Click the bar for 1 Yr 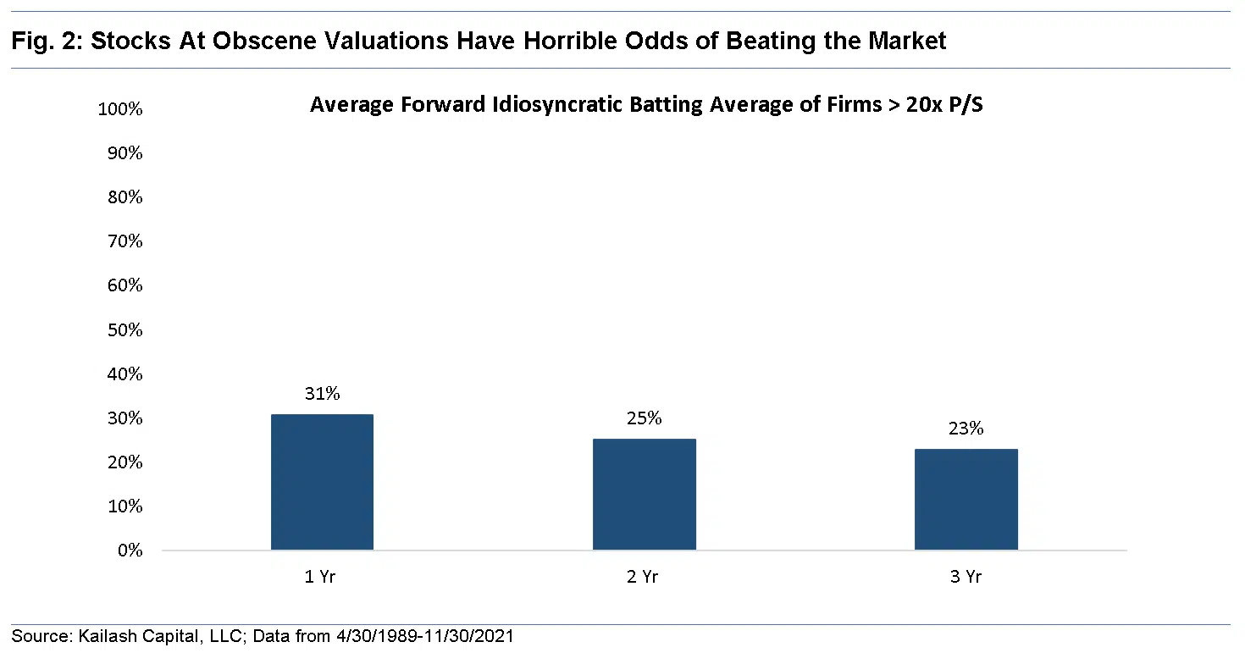(322, 482)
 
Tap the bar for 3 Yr (966, 499)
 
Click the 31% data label (322, 394)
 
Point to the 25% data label (644, 418)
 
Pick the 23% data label (966, 429)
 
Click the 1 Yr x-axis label (322, 577)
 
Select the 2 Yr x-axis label (644, 577)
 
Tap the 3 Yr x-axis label (966, 577)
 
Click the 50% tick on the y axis (125, 330)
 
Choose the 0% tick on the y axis (130, 551)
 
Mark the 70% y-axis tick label (125, 241)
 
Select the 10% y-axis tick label (125, 506)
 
